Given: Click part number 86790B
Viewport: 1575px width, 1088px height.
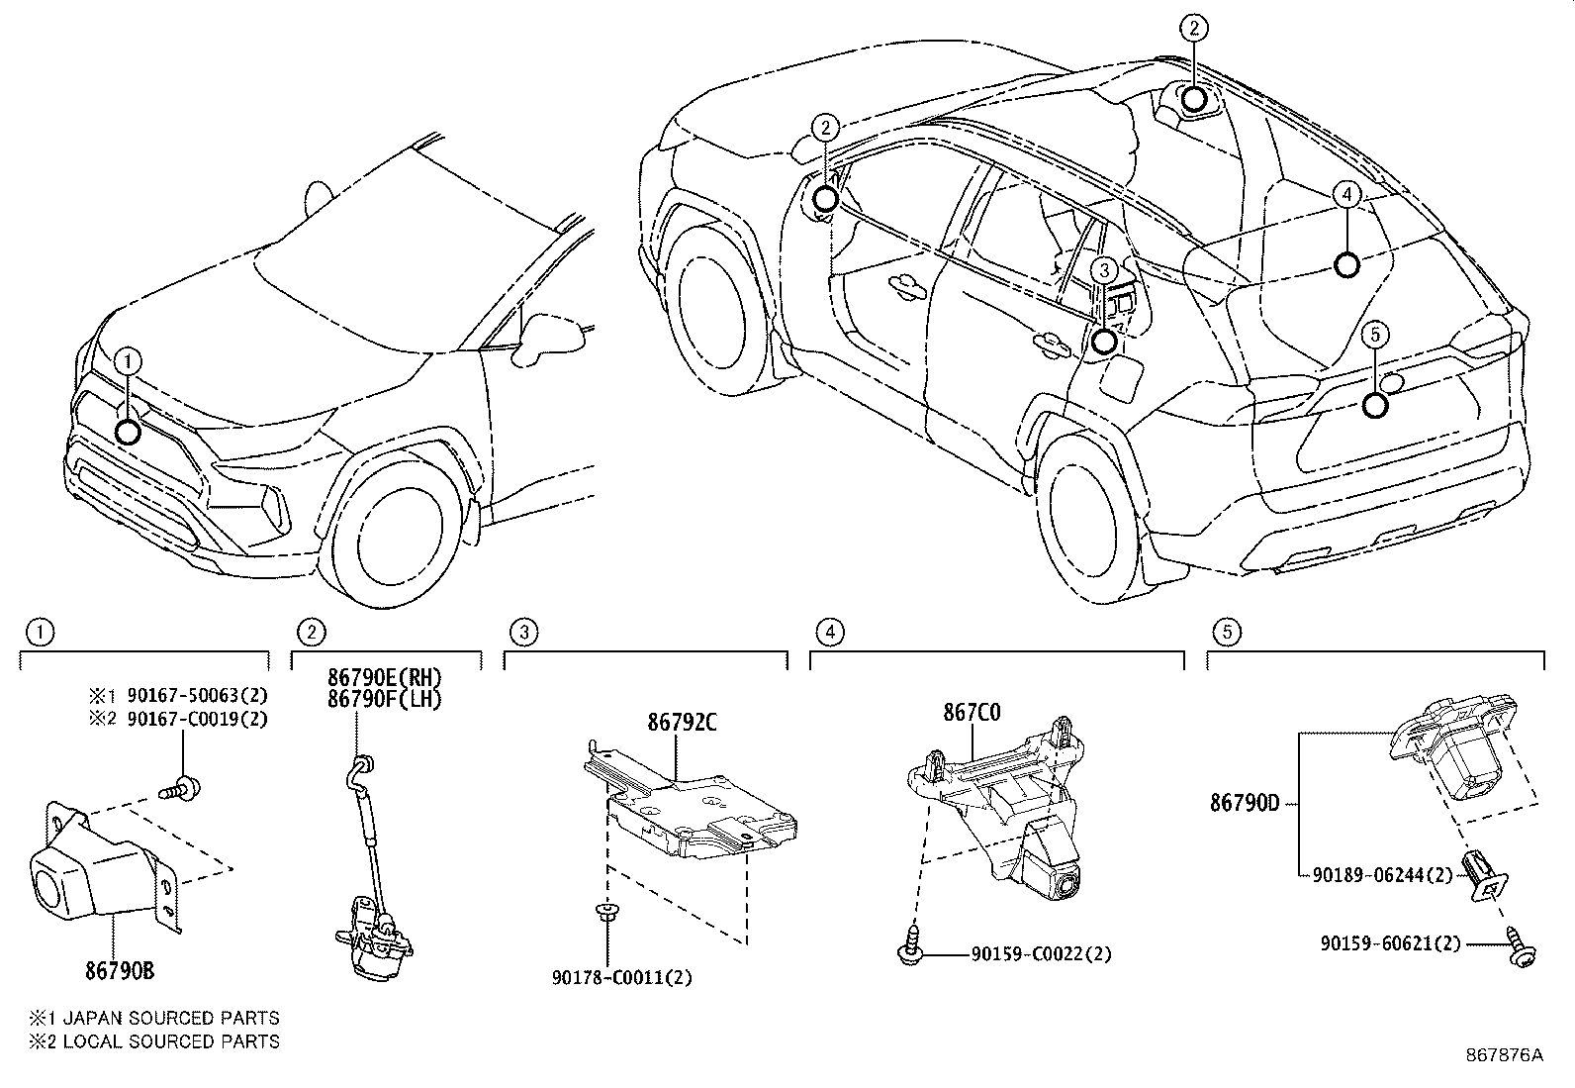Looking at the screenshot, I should (x=119, y=971).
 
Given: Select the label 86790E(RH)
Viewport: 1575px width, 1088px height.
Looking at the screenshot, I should (x=385, y=679).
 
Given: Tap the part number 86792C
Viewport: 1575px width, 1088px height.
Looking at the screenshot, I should (x=682, y=723).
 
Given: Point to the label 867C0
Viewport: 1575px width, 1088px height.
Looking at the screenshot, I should (x=971, y=713).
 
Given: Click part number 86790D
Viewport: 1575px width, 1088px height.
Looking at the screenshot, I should (x=1245, y=804).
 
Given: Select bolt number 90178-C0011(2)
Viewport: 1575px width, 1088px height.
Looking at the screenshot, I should (x=622, y=978).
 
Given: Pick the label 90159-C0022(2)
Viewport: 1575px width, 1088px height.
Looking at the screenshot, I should (x=1041, y=954).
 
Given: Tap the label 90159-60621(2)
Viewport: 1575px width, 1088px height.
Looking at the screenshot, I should (x=1390, y=944).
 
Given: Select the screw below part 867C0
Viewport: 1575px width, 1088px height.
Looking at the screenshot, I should (x=908, y=948).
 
